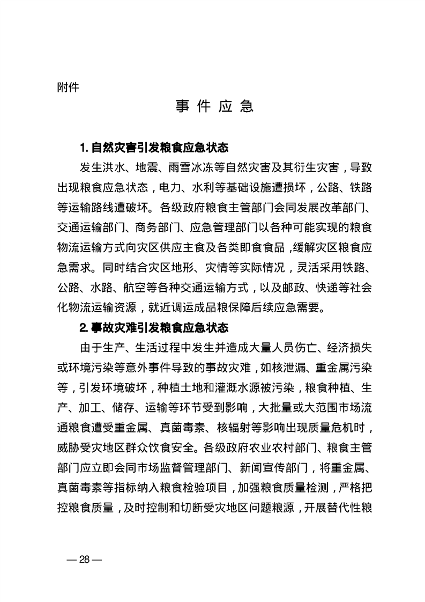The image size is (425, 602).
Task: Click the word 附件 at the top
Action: tap(68, 86)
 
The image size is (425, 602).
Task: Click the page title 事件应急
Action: tap(214, 106)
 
